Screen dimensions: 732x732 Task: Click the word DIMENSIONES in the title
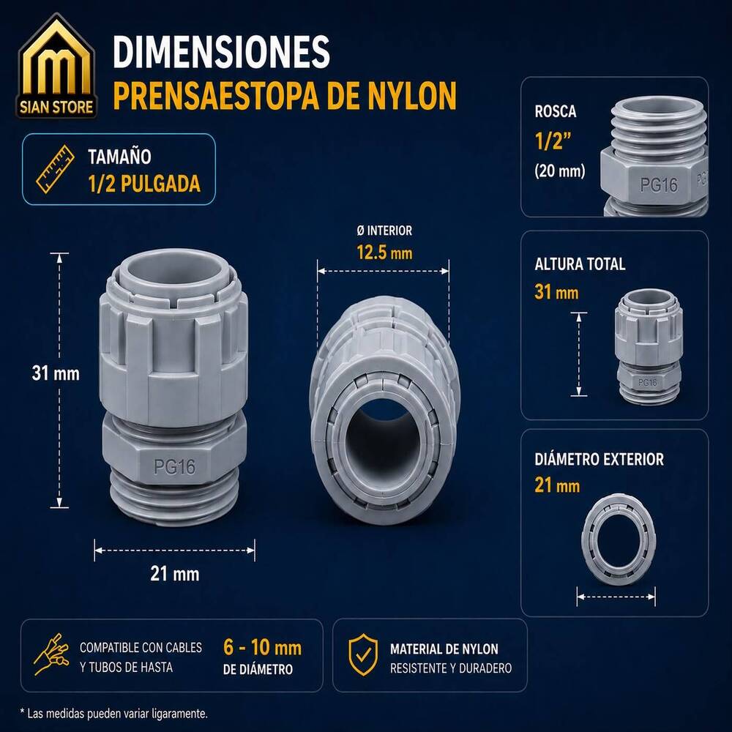[x=221, y=52]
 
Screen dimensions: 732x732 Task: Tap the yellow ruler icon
[x=56, y=169]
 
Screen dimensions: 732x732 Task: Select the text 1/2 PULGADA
[x=144, y=184]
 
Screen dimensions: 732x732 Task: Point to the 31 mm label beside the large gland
[x=56, y=373]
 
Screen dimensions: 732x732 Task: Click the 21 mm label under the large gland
[x=175, y=574]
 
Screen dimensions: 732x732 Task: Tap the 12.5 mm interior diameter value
[x=384, y=253]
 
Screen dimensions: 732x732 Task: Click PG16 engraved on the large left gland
[x=175, y=466]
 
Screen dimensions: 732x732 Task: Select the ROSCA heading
[x=556, y=111]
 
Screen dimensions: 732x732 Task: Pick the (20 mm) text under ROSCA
[x=560, y=171]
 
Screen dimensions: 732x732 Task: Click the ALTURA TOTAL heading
[x=580, y=264]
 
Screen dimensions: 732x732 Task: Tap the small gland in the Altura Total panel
[x=649, y=346]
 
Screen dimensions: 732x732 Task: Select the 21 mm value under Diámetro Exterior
[x=557, y=485]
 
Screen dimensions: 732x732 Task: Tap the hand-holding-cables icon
[x=52, y=654]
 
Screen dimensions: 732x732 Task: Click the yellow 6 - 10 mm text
[x=262, y=648]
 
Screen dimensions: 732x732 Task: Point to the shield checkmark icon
[x=363, y=654]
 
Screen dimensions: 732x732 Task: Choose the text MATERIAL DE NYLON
[x=444, y=649]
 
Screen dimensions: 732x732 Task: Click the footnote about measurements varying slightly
[x=114, y=714]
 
